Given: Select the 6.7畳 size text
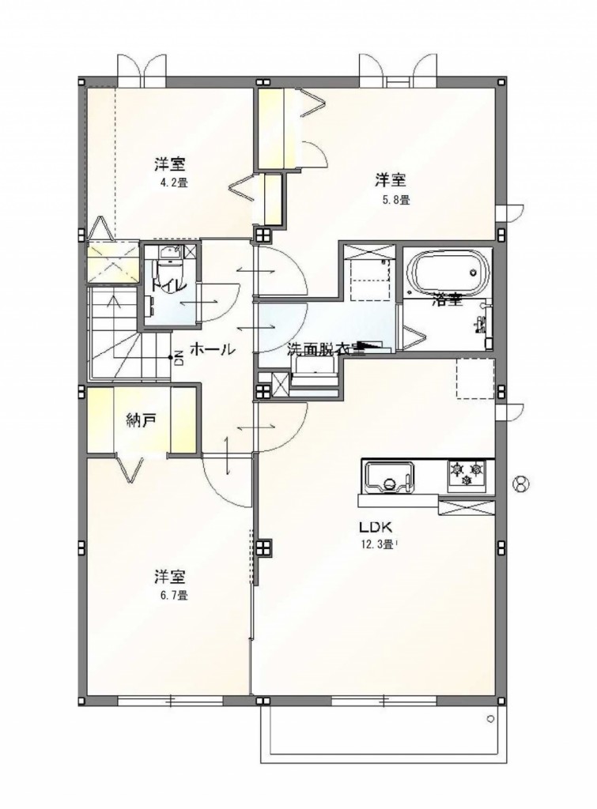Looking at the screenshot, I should [171, 596].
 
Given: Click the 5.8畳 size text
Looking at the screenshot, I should [393, 200].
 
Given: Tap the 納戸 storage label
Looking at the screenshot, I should [141, 420].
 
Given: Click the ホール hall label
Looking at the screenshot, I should [211, 348].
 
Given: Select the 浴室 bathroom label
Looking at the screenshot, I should [448, 300].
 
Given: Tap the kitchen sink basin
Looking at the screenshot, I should [387, 477].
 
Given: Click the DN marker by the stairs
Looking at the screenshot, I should [176, 359].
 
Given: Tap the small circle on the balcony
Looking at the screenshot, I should [490, 719].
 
